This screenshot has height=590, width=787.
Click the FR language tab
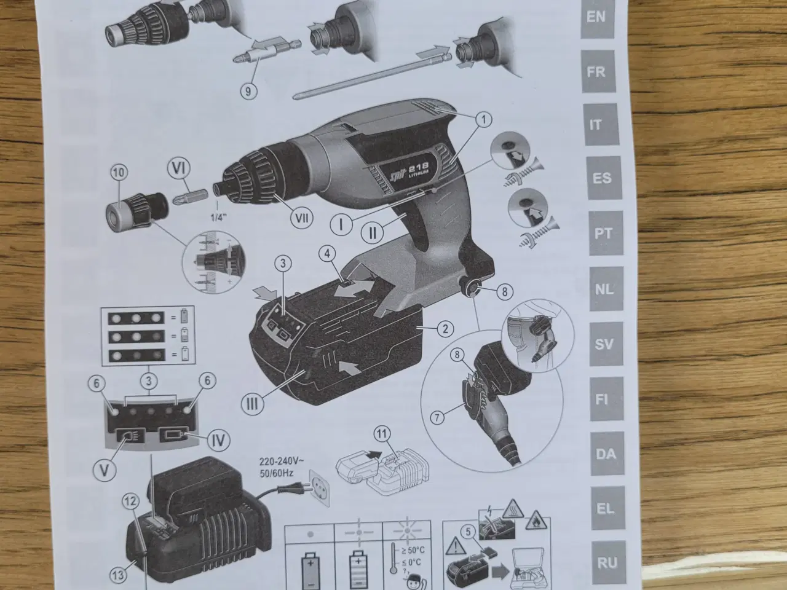[598, 72]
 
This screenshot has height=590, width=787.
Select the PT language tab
[603, 233]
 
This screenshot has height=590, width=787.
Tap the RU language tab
[607, 563]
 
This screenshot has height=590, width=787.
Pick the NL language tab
[605, 289]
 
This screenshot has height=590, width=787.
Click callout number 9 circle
[248, 90]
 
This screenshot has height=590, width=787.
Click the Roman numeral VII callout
[301, 218]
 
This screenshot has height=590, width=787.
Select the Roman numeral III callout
[253, 404]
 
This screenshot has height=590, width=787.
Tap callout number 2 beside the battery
[445, 328]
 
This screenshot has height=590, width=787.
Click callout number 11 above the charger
[382, 435]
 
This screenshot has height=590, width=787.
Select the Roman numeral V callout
[105, 470]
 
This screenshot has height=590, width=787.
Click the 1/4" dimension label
[219, 218]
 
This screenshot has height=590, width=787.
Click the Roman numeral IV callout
[219, 440]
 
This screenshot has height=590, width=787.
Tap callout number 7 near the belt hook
[437, 418]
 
